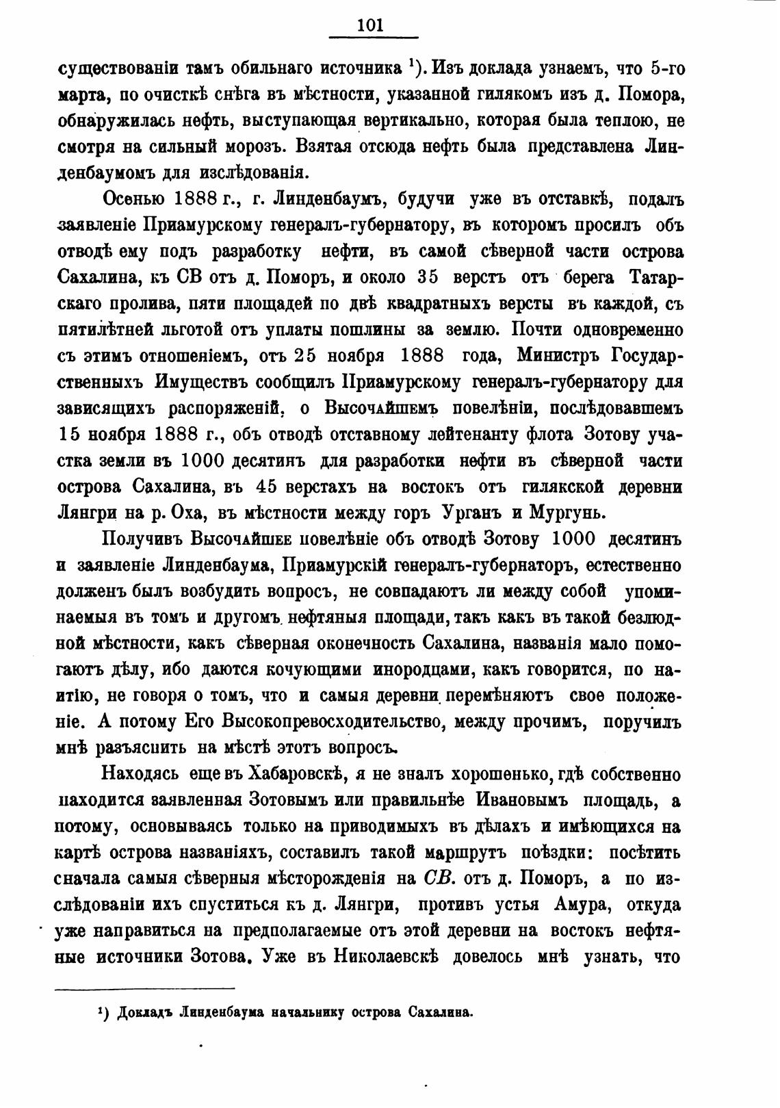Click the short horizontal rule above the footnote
click(144, 988)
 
